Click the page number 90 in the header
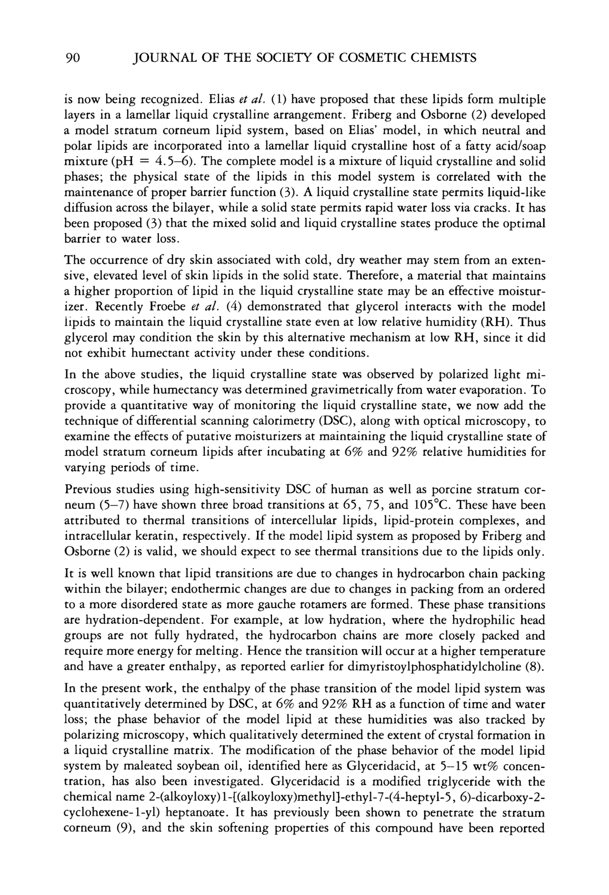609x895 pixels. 72,58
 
